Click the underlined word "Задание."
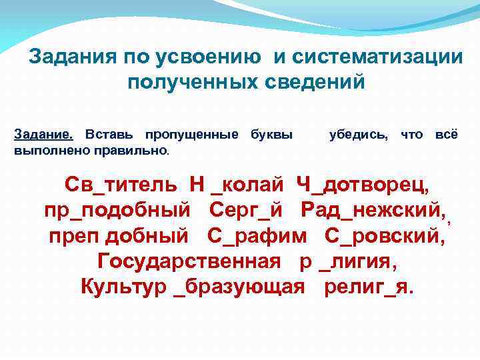(x=39, y=135)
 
